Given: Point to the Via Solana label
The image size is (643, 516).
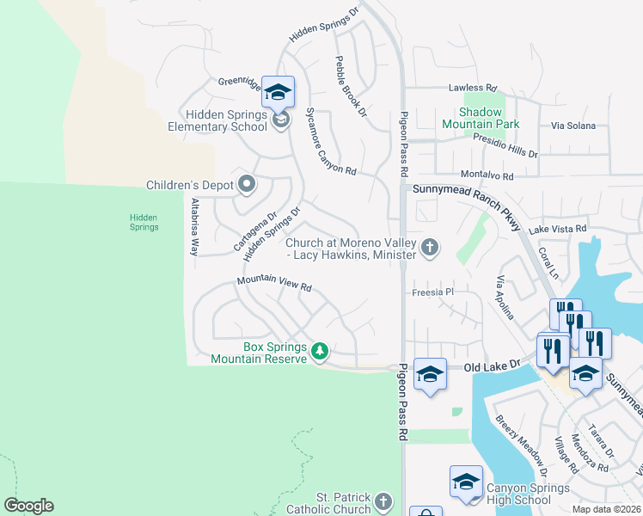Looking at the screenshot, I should pos(573,126).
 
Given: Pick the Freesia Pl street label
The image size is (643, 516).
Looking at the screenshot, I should pos(432,292).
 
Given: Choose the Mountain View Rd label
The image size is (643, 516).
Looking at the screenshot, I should pos(273,285).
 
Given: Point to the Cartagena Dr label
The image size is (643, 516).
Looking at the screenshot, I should pos(255,232).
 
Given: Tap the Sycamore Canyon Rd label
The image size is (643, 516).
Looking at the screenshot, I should pos(331,142).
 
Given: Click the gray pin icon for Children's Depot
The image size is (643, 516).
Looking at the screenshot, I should pos(247,184).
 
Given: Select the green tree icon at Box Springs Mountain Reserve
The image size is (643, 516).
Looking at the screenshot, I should pos(320,351).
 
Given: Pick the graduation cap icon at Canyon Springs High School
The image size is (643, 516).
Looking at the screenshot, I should pos(465,482).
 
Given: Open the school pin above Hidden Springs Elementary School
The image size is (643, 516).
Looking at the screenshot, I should pos(279,91).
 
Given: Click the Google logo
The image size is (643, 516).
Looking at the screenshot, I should pos(28,506).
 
